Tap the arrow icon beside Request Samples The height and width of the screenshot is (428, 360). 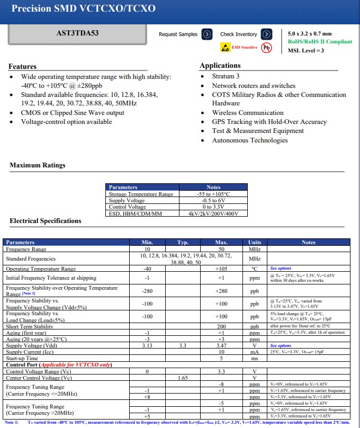(208, 34)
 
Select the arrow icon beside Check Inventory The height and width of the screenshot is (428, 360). (267, 34)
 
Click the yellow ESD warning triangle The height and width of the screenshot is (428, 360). (226, 47)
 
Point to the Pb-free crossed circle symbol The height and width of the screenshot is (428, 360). (266, 47)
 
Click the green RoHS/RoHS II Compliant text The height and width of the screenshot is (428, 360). (320, 41)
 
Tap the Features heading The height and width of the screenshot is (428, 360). (23, 67)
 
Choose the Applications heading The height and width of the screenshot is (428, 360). (220, 66)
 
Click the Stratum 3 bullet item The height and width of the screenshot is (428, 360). (226, 76)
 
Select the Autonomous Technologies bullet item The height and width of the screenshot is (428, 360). (242, 140)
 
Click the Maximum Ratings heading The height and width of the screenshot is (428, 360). (38, 166)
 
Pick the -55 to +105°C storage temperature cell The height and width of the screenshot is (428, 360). (213, 194)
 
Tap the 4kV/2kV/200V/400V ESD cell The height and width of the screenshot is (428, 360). (213, 213)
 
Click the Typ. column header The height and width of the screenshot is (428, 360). (183, 243)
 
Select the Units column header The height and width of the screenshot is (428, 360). (255, 243)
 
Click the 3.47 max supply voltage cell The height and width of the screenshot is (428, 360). (221, 345)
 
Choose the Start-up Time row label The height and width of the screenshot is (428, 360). (23, 358)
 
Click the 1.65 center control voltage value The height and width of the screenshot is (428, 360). (183, 378)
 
